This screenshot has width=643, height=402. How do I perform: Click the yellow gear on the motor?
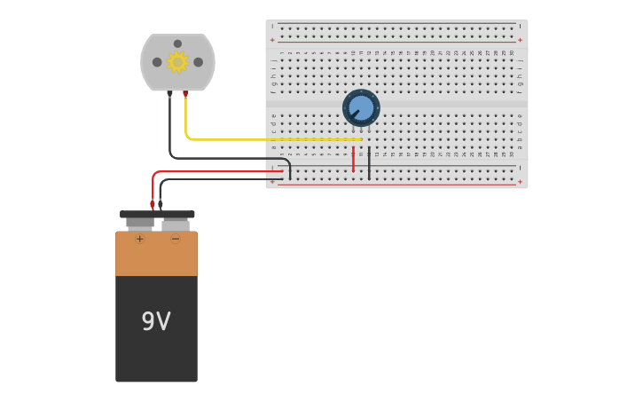(x=177, y=62)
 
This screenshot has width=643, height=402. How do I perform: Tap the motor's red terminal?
(x=185, y=93)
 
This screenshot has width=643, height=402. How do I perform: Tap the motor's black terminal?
(x=169, y=93)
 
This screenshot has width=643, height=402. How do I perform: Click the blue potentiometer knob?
(x=361, y=107)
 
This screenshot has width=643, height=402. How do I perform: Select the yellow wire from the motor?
(x=266, y=139)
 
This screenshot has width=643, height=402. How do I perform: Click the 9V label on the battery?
(x=156, y=321)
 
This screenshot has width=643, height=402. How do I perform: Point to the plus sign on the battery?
(x=139, y=239)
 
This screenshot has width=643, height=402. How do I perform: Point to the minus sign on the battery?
(x=175, y=239)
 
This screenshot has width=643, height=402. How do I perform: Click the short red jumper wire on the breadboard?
(x=353, y=160)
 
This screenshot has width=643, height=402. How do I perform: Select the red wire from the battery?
(x=222, y=171)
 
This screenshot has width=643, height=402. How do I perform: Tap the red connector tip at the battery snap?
(x=153, y=204)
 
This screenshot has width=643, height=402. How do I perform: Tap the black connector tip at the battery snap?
(x=161, y=204)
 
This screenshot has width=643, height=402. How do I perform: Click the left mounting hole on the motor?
(x=157, y=62)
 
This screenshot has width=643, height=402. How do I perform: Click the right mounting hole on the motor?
(x=199, y=62)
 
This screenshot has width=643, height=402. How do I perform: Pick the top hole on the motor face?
(x=177, y=43)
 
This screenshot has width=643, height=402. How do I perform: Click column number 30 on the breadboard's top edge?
(x=512, y=52)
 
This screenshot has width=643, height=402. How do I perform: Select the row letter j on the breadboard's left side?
(x=273, y=60)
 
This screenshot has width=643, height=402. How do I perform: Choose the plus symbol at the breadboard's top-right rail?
(x=520, y=40)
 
